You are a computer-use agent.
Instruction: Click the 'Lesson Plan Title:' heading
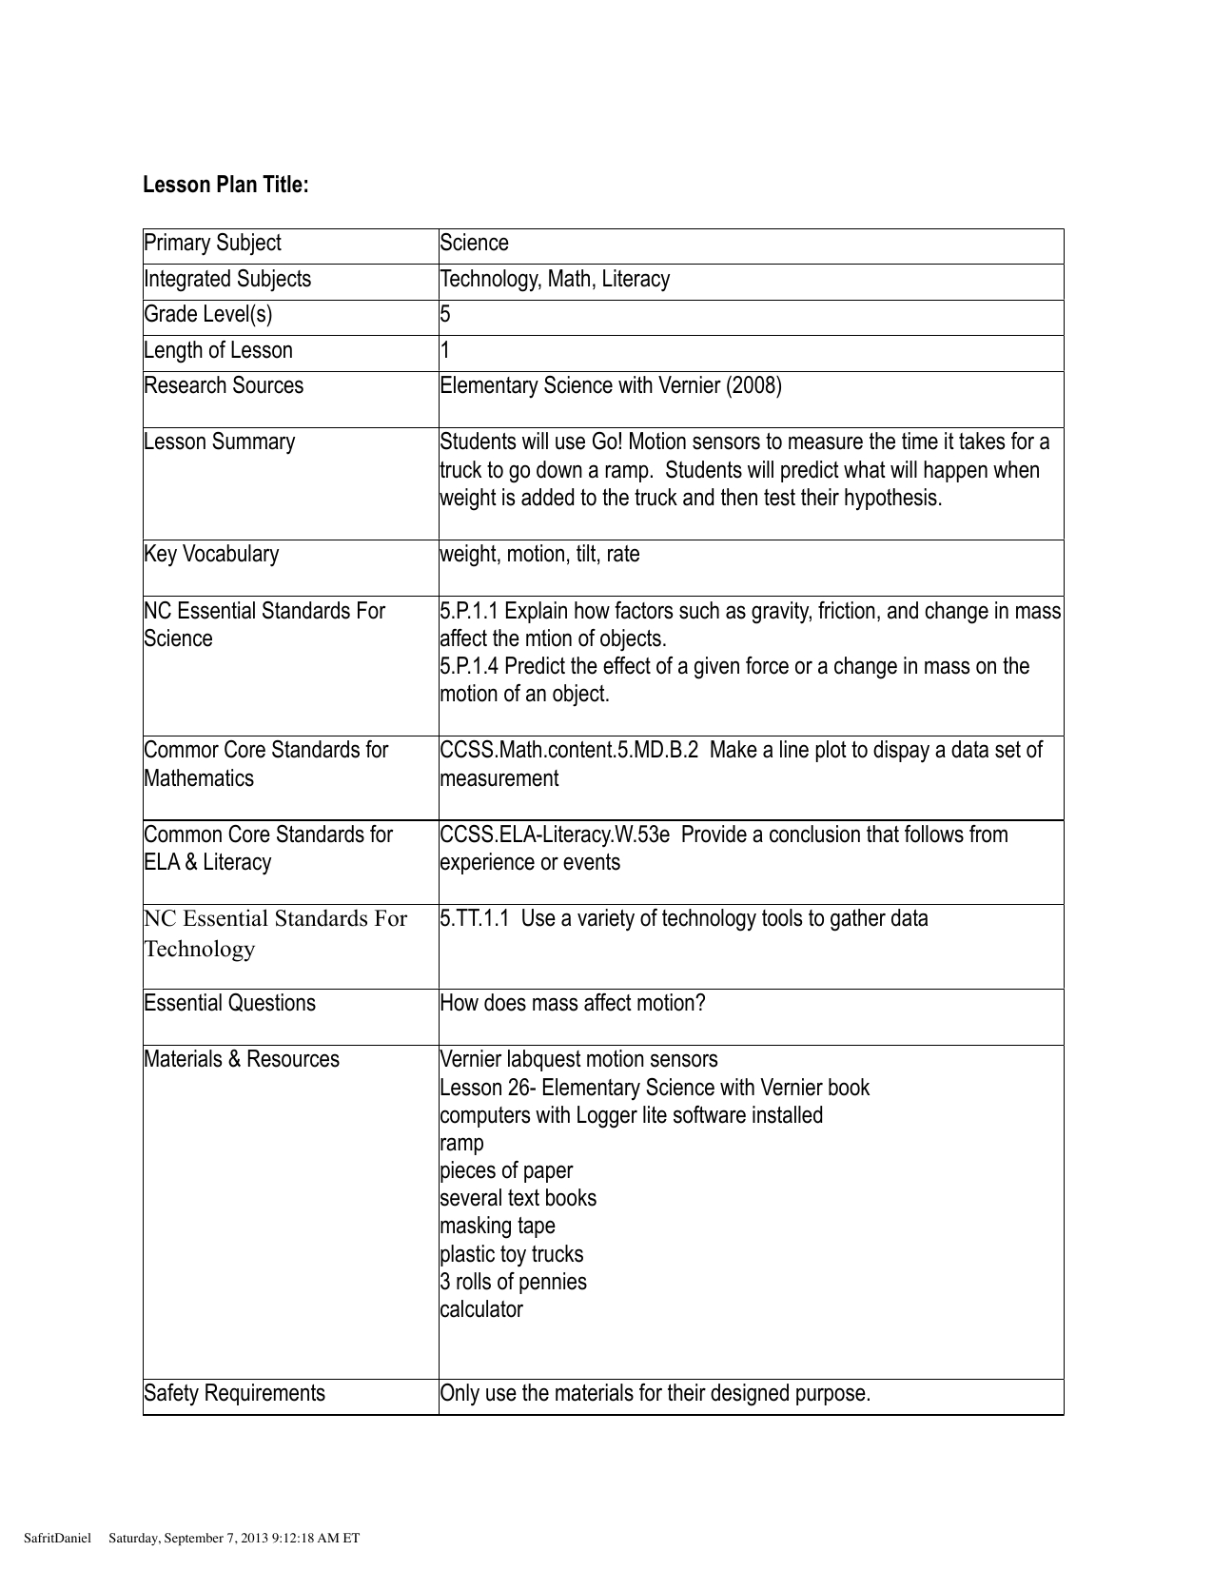point(225,185)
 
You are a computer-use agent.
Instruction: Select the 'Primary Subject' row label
point(212,244)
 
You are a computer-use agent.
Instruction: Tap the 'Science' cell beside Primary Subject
point(474,244)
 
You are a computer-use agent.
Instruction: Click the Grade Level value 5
point(445,315)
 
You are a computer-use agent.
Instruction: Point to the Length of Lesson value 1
point(444,351)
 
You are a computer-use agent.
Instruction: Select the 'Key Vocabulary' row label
point(211,555)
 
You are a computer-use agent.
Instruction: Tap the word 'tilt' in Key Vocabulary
point(584,555)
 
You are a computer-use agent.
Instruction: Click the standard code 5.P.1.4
point(469,667)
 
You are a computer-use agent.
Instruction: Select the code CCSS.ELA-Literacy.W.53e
point(555,835)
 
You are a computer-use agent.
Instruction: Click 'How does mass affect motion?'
point(573,1004)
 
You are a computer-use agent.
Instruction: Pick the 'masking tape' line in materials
point(498,1227)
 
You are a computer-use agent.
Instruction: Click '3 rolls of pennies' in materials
point(513,1283)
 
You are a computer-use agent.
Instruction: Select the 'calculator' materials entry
point(481,1310)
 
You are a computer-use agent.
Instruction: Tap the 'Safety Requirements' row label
point(234,1394)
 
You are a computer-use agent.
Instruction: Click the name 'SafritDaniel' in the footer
point(57,1538)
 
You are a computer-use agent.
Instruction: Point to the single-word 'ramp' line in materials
point(461,1144)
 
